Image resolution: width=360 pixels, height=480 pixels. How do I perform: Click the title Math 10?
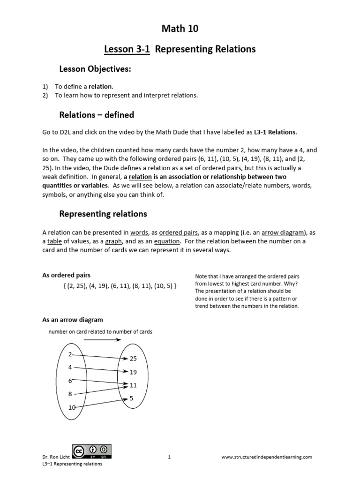coord(180,29)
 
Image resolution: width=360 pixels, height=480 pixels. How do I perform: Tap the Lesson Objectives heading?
coord(95,69)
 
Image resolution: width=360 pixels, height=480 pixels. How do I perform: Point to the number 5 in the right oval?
coord(131,399)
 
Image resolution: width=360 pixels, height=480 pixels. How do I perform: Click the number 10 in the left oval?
coord(72,408)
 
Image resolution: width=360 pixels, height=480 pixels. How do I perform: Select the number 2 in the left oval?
coord(70,354)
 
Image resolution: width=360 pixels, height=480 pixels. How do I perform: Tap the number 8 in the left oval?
coord(70,394)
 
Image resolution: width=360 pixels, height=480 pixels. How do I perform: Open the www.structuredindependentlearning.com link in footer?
coord(266,457)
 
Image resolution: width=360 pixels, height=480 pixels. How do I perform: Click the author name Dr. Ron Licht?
coord(55,457)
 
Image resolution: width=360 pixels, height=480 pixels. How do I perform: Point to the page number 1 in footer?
coord(169,457)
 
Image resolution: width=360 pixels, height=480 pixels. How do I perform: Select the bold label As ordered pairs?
coord(67,275)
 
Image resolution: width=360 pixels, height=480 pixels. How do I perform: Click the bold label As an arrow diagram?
coord(73,320)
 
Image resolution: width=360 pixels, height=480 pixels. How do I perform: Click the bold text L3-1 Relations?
coord(275,132)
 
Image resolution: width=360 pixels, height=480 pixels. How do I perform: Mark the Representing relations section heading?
coord(103,214)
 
